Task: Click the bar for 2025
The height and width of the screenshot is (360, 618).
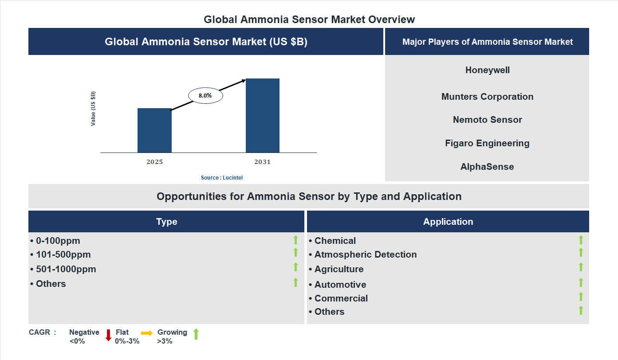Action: (154, 130)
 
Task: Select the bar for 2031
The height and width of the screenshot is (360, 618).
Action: (263, 116)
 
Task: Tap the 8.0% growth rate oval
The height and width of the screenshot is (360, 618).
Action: (205, 95)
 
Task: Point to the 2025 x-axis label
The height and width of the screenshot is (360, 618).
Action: (154, 162)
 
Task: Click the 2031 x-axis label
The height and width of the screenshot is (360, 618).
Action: (262, 162)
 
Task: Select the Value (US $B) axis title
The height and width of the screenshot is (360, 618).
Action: (93, 109)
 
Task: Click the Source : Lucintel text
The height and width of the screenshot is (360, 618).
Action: (222, 178)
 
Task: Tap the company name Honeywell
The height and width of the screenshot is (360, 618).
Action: (487, 70)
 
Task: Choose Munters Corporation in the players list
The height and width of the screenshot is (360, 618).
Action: (487, 97)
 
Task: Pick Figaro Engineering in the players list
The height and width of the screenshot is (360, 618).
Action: (487, 143)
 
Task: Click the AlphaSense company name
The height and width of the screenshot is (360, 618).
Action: (487, 167)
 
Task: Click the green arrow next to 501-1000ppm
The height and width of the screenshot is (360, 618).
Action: (295, 267)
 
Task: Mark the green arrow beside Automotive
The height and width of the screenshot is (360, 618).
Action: (581, 282)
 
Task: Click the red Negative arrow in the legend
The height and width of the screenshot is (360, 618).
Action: (108, 335)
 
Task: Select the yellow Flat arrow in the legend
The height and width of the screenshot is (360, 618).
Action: (147, 333)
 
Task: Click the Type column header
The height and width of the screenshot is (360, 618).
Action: (166, 222)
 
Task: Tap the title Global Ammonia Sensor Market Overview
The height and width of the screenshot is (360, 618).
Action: (309, 20)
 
